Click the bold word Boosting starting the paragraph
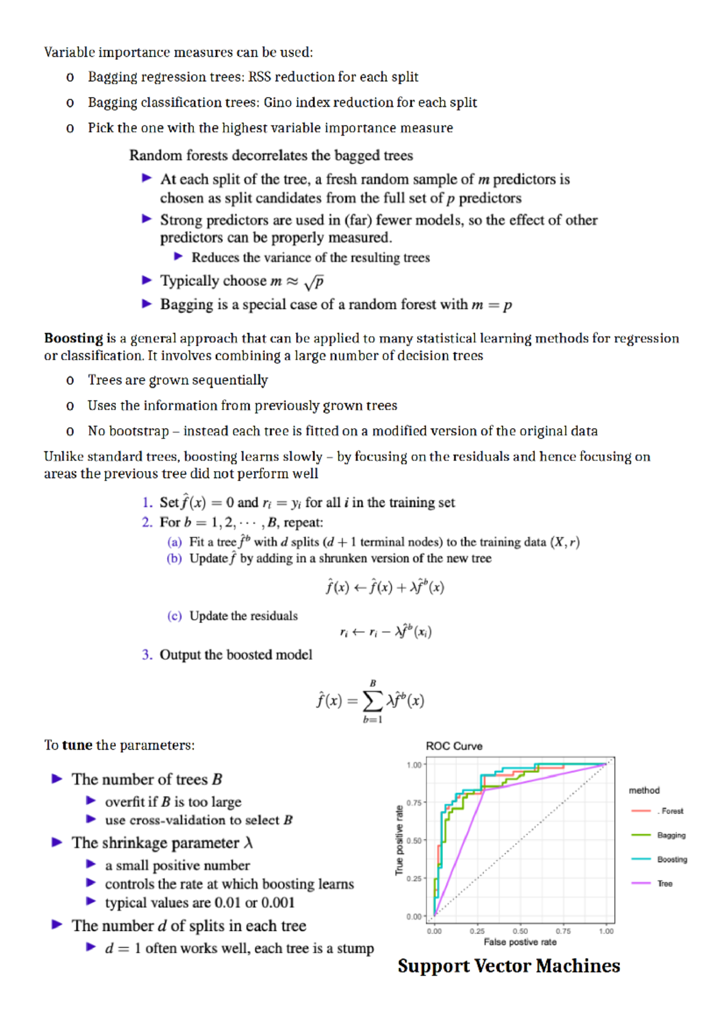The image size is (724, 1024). pyautogui.click(x=73, y=338)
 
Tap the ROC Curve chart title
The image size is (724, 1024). pyautogui.click(x=454, y=746)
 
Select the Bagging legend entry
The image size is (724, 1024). pyautogui.click(x=671, y=835)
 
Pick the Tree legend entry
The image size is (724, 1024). pyautogui.click(x=664, y=883)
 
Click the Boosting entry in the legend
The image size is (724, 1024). pyautogui.click(x=672, y=859)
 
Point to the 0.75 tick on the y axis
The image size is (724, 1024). pyautogui.click(x=414, y=803)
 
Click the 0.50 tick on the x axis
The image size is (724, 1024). pyautogui.click(x=520, y=931)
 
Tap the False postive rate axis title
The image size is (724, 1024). pyautogui.click(x=520, y=942)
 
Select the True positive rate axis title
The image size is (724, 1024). pyautogui.click(x=399, y=840)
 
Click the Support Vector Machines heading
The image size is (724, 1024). pyautogui.click(x=509, y=966)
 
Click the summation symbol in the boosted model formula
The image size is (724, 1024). pyautogui.click(x=372, y=700)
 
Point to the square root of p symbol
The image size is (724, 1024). pyautogui.click(x=314, y=282)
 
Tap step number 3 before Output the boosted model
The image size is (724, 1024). pyautogui.click(x=147, y=655)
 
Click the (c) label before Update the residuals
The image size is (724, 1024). pyautogui.click(x=174, y=616)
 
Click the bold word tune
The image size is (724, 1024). pyautogui.click(x=77, y=745)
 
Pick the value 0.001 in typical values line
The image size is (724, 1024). pyautogui.click(x=278, y=903)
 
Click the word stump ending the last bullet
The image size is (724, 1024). pyautogui.click(x=355, y=949)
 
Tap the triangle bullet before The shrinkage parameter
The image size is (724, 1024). pyautogui.click(x=57, y=842)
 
